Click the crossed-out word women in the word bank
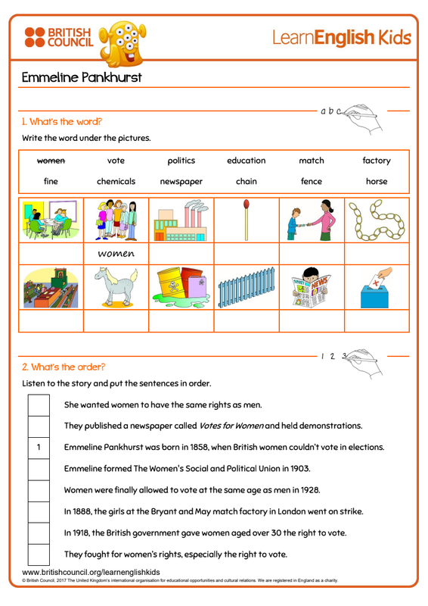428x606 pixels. (51, 161)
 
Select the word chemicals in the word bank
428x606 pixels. (116, 181)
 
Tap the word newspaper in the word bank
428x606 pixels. (181, 182)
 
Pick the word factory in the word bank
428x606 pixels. (377, 161)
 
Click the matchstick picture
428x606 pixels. (247, 220)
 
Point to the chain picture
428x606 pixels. (377, 220)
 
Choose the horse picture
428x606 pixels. (116, 287)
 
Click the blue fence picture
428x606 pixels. (247, 288)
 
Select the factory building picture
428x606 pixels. (181, 220)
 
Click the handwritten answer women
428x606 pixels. (116, 254)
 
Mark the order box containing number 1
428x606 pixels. (39, 448)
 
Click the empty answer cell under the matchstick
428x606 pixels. (247, 254)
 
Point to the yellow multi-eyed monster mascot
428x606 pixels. (123, 43)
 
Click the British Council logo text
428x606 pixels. (70, 37)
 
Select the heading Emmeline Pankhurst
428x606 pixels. (82, 77)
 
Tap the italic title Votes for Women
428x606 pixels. (231, 426)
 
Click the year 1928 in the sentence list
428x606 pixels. (310, 490)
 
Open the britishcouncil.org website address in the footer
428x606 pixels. (91, 572)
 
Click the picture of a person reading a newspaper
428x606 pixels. (312, 287)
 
